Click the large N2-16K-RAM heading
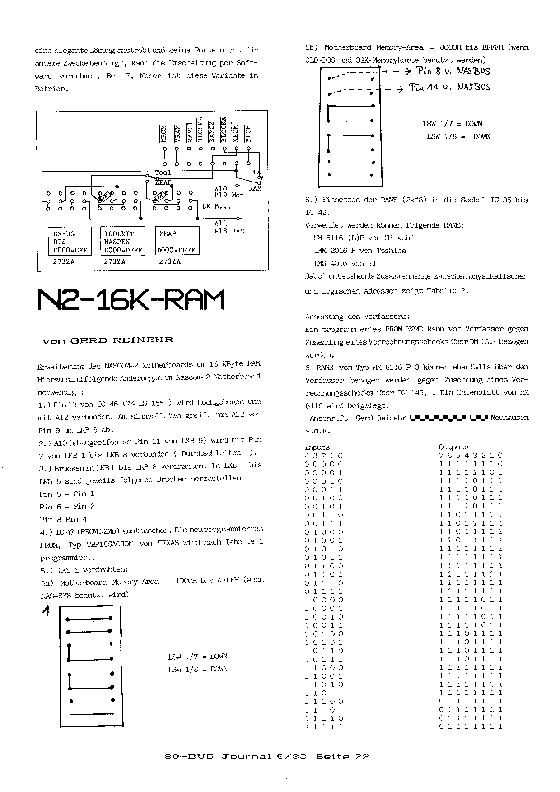point(131,300)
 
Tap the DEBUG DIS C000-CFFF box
point(70,242)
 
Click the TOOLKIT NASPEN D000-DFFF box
point(123,242)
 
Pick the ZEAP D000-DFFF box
point(177,242)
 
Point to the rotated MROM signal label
point(164,133)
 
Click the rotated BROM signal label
point(247,133)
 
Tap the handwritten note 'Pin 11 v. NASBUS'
point(450,87)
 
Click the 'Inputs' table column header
point(317,447)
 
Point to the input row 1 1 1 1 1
point(324,727)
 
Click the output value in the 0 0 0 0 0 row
point(471,464)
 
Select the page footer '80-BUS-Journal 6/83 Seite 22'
point(267,756)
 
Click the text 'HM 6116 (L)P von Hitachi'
point(363,238)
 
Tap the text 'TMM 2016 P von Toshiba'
point(359,251)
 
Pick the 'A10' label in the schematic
point(221,189)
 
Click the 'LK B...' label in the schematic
point(216,206)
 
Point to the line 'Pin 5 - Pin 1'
point(67,494)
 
